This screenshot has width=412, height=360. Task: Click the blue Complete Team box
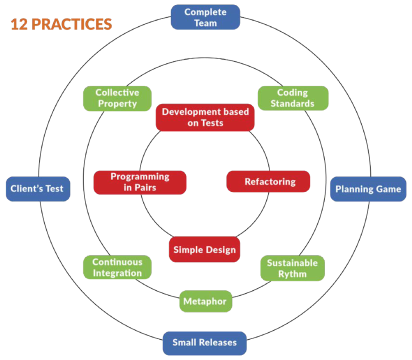click(205, 17)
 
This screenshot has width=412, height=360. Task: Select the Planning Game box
click(368, 189)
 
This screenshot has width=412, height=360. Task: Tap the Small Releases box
click(204, 343)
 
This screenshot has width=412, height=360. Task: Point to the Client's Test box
click(37, 189)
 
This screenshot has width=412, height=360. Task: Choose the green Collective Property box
click(117, 98)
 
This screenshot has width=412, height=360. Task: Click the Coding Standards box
click(292, 98)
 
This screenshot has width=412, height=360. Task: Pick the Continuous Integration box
click(117, 267)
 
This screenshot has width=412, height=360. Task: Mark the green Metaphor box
click(205, 301)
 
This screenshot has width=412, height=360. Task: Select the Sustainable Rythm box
click(292, 268)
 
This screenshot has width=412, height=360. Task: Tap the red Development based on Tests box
click(205, 117)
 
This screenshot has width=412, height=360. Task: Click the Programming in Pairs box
click(140, 182)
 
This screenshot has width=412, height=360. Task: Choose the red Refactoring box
click(268, 181)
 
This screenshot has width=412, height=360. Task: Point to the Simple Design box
click(204, 249)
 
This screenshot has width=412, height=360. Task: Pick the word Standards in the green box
click(292, 104)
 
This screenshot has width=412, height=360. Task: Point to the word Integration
click(117, 273)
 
